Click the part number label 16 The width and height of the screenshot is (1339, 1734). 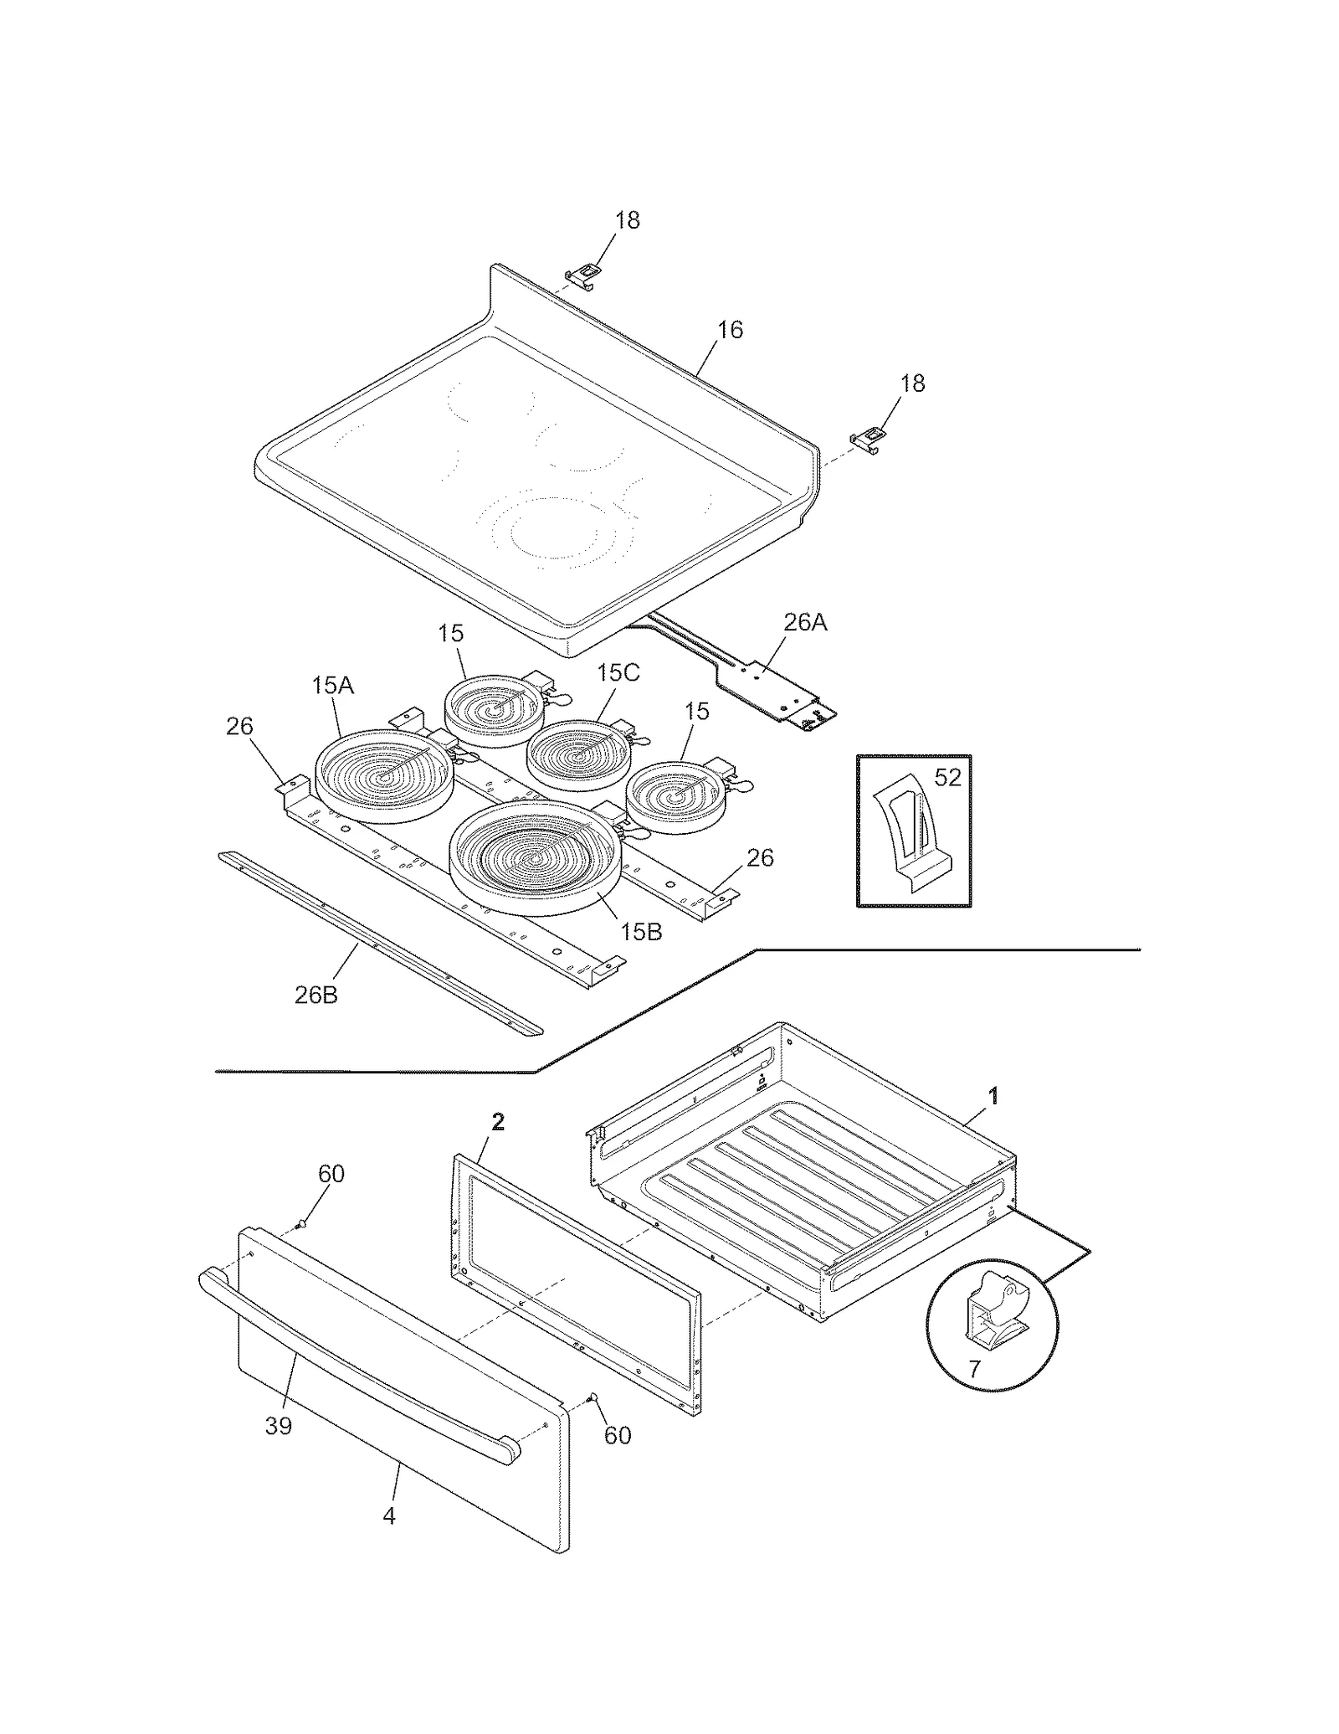tap(730, 330)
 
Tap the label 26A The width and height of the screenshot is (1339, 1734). tap(805, 622)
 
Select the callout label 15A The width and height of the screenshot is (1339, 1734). tap(333, 686)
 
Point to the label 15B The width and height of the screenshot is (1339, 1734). tap(641, 932)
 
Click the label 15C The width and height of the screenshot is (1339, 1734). tap(618, 672)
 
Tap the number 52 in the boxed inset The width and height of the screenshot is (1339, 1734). tap(947, 778)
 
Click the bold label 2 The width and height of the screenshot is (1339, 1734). tap(498, 1122)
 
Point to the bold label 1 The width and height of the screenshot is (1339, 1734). tap(993, 1095)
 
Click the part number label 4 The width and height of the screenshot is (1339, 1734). tap(389, 1515)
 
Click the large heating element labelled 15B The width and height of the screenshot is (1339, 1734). tap(536, 858)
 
